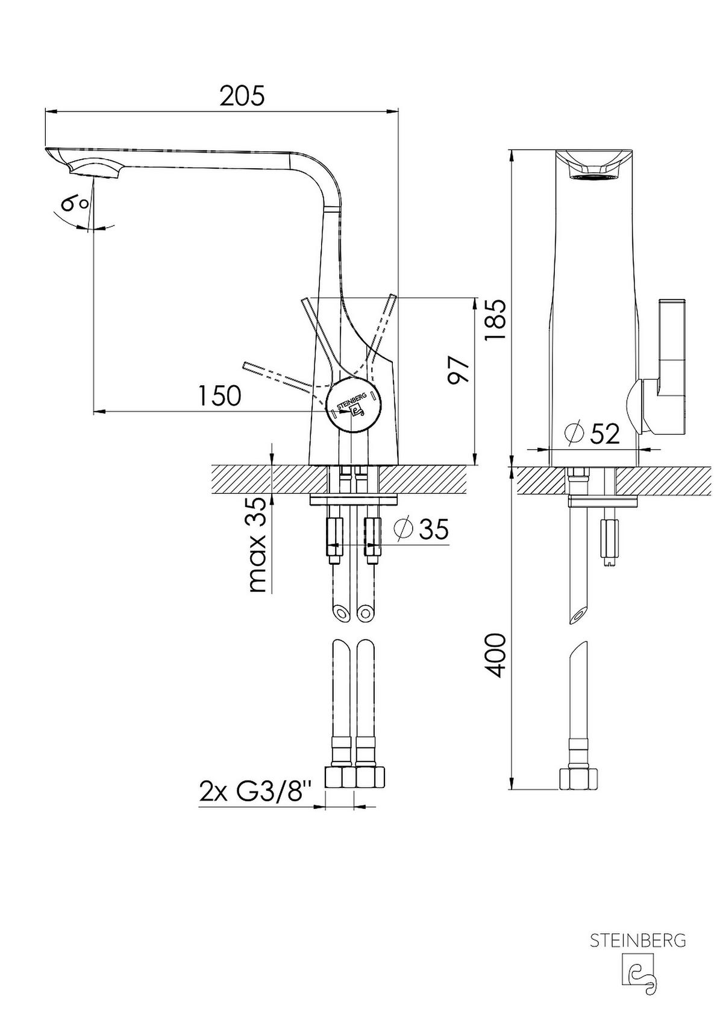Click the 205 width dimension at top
tap(242, 96)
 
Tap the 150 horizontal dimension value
tap(220, 396)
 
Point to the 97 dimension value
tap(458, 370)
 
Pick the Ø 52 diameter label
tap(592, 433)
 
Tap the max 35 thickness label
tap(258, 544)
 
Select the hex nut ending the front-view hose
tap(579, 778)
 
